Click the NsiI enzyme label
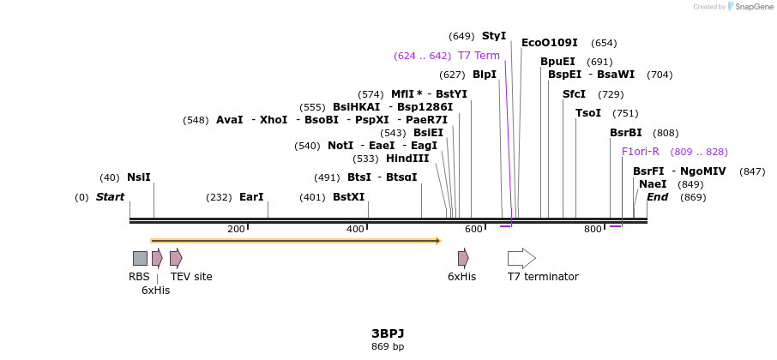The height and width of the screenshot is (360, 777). click(x=138, y=177)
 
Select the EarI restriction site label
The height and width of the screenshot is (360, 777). click(x=251, y=197)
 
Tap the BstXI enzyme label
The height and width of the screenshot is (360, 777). click(x=349, y=197)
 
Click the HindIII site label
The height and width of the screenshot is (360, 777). click(x=407, y=159)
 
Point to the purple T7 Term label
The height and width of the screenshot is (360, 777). click(x=479, y=56)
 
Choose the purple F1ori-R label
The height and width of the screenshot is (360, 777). click(x=641, y=152)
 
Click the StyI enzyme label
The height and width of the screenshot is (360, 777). click(x=494, y=36)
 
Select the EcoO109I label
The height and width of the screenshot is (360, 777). click(x=550, y=43)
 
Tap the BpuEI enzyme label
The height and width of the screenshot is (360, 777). click(x=557, y=62)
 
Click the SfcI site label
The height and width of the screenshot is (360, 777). click(x=574, y=94)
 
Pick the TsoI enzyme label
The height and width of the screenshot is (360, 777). click(x=588, y=113)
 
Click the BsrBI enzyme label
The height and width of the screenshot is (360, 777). click(x=626, y=133)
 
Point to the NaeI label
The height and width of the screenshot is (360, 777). click(x=653, y=184)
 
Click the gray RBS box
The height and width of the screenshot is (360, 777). click(x=140, y=258)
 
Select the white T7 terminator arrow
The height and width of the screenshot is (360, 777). click(x=521, y=258)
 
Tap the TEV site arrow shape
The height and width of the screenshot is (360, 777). click(x=176, y=258)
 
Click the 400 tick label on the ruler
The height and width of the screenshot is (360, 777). click(x=355, y=230)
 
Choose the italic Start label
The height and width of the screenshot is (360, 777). click(x=110, y=197)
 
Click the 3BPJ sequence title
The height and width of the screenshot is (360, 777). click(x=388, y=333)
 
